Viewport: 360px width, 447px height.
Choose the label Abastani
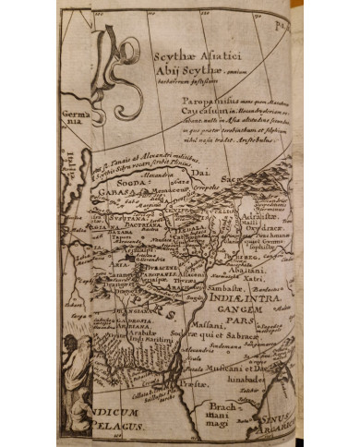click(x=265, y=260)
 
